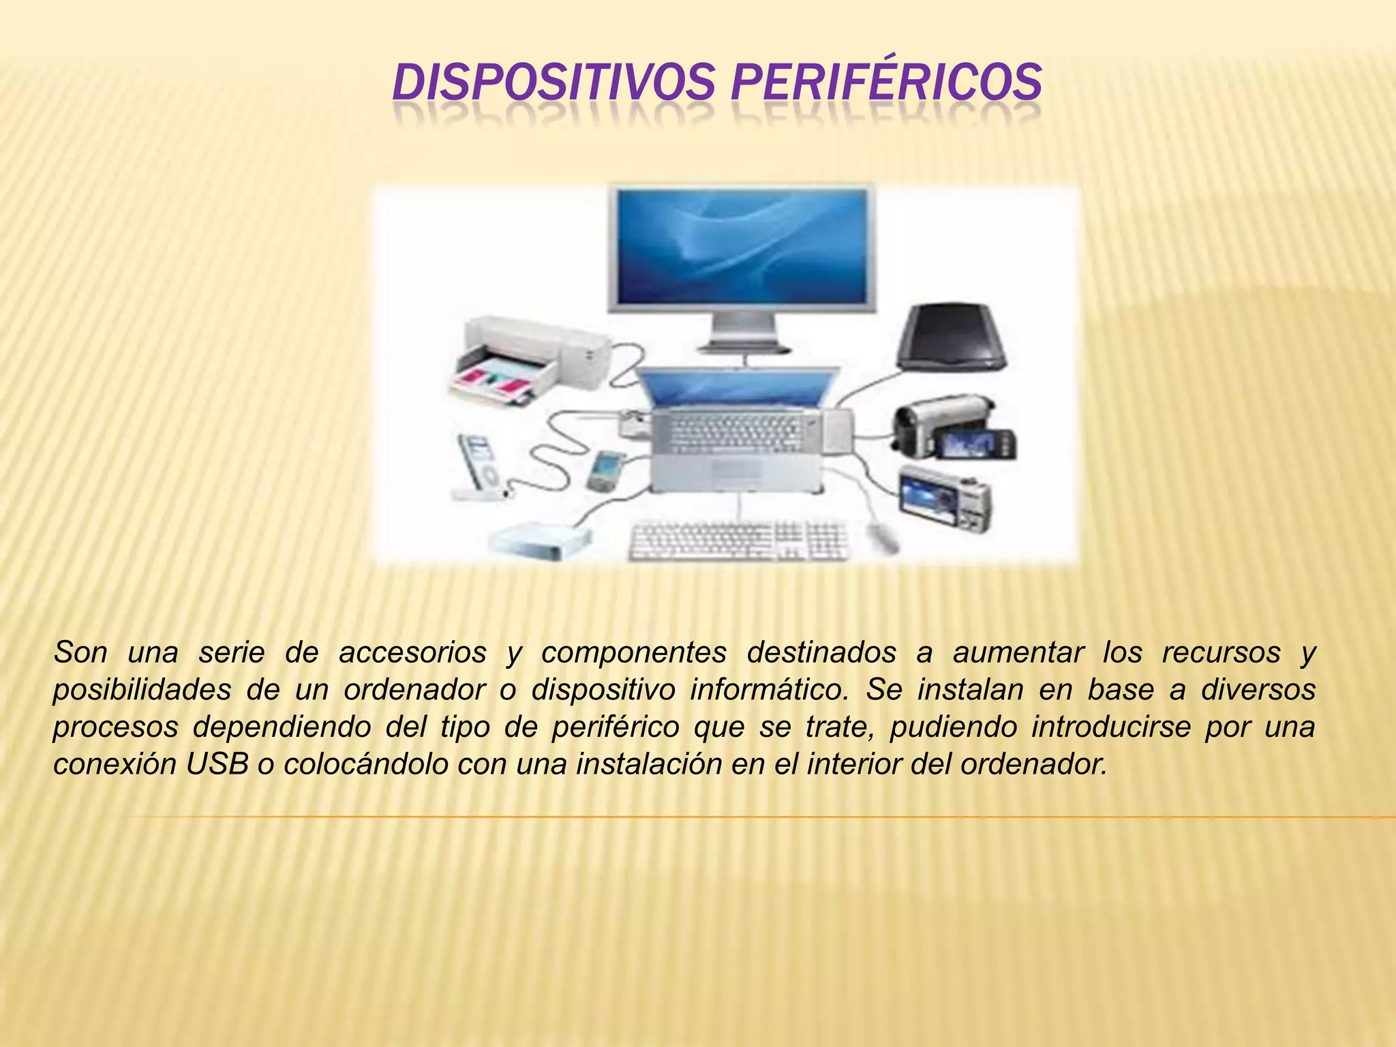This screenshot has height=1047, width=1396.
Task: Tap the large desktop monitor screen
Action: [x=743, y=247]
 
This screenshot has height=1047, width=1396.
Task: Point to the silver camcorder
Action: [x=952, y=426]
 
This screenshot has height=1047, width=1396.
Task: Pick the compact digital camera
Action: [x=945, y=498]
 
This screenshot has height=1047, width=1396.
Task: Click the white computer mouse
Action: [x=883, y=538]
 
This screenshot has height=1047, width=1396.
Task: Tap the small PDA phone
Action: [x=605, y=470]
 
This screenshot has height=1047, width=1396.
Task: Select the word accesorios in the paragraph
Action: [x=412, y=653]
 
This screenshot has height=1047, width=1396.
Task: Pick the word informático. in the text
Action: [x=770, y=690]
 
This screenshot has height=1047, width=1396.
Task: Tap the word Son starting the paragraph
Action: [x=80, y=653]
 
